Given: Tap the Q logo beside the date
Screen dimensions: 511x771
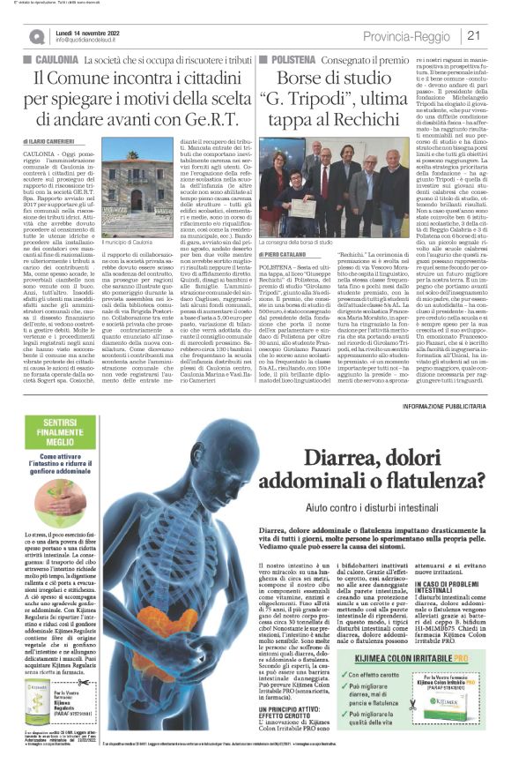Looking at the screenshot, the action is click(38, 36).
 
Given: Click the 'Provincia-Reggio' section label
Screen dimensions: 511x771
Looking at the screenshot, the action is click(415, 35).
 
